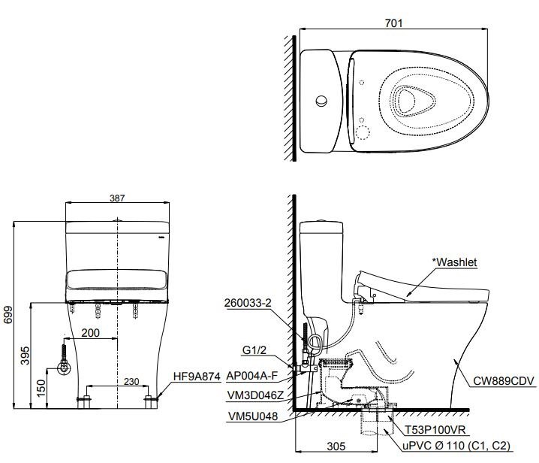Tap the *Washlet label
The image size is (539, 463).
[456, 262]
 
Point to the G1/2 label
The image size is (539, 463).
[254, 350]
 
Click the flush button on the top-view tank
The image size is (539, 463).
[321, 100]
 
